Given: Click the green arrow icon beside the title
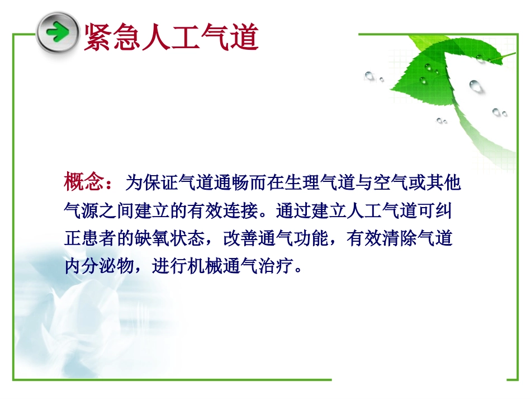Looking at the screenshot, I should point(58,32).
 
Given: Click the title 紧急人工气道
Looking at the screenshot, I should point(170,37).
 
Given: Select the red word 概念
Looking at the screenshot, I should point(83,182).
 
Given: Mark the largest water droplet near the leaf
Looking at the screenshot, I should point(476,86).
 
